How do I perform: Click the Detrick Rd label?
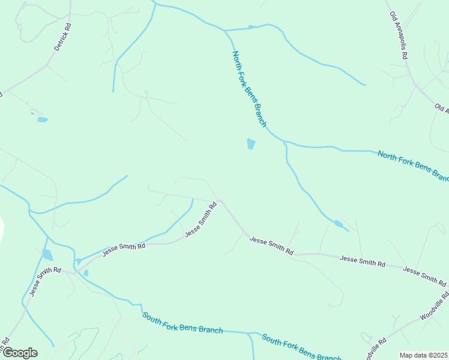point(62,37)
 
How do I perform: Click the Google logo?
point(19,353)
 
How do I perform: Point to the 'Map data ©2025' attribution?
point(424,355)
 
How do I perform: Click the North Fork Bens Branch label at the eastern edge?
point(413,166)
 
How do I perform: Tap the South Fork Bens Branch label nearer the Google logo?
point(182,322)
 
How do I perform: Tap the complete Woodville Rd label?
point(435,306)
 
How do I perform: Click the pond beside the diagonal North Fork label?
point(251,144)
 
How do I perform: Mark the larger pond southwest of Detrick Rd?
point(42,119)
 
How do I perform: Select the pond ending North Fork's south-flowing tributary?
point(339,224)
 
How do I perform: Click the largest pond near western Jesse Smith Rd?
point(47,254)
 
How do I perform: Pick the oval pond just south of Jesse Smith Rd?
point(86,273)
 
